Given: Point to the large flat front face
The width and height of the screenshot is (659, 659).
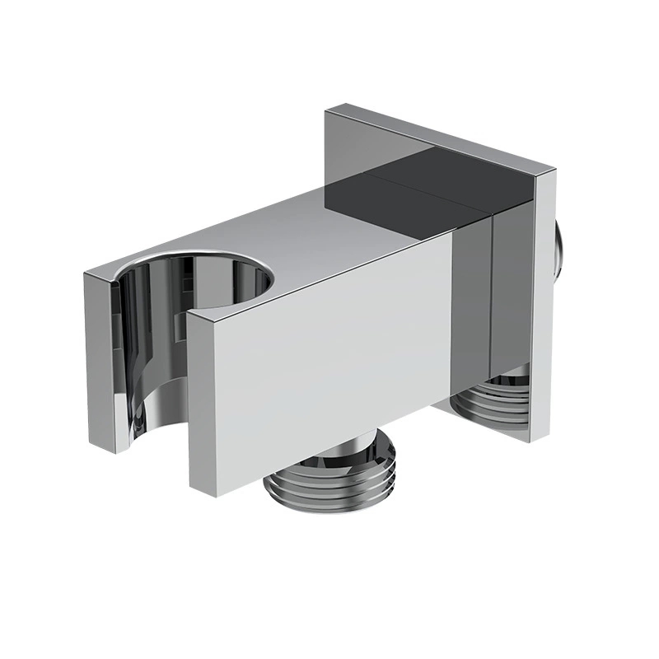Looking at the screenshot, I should (329, 362).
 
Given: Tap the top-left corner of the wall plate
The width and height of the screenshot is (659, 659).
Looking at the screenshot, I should (328, 109).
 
